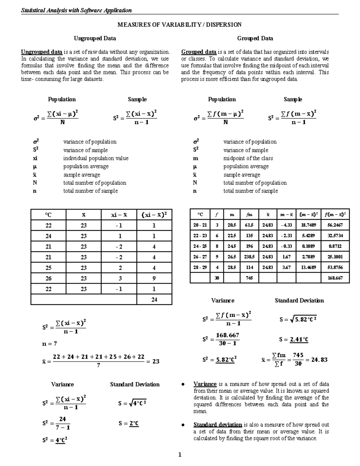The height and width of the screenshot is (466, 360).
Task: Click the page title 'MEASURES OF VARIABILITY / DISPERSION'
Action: (179, 25)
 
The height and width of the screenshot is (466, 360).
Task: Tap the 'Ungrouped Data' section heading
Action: (95, 38)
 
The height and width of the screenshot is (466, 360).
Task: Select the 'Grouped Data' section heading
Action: (255, 38)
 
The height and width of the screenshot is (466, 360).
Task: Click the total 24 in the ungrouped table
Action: (154, 299)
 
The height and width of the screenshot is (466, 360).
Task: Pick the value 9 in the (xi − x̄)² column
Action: (154, 278)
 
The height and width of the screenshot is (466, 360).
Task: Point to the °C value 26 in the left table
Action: (48, 278)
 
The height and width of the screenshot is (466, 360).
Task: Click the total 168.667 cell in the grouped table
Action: (335, 278)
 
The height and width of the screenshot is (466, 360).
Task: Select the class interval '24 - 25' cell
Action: (200, 246)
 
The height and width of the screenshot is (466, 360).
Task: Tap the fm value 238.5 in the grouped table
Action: (249, 257)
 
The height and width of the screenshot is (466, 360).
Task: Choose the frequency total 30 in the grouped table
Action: (217, 278)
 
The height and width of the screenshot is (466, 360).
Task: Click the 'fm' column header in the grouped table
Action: (249, 215)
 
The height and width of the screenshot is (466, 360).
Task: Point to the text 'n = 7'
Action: (49, 344)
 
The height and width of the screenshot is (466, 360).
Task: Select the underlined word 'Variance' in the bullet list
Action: (205, 384)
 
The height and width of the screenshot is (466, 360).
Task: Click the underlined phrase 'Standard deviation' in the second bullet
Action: (217, 425)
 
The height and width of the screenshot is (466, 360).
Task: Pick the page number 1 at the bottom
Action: (180, 455)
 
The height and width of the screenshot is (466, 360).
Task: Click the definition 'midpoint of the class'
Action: (248, 158)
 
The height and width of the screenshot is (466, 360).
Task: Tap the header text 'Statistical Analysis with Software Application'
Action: (76, 11)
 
